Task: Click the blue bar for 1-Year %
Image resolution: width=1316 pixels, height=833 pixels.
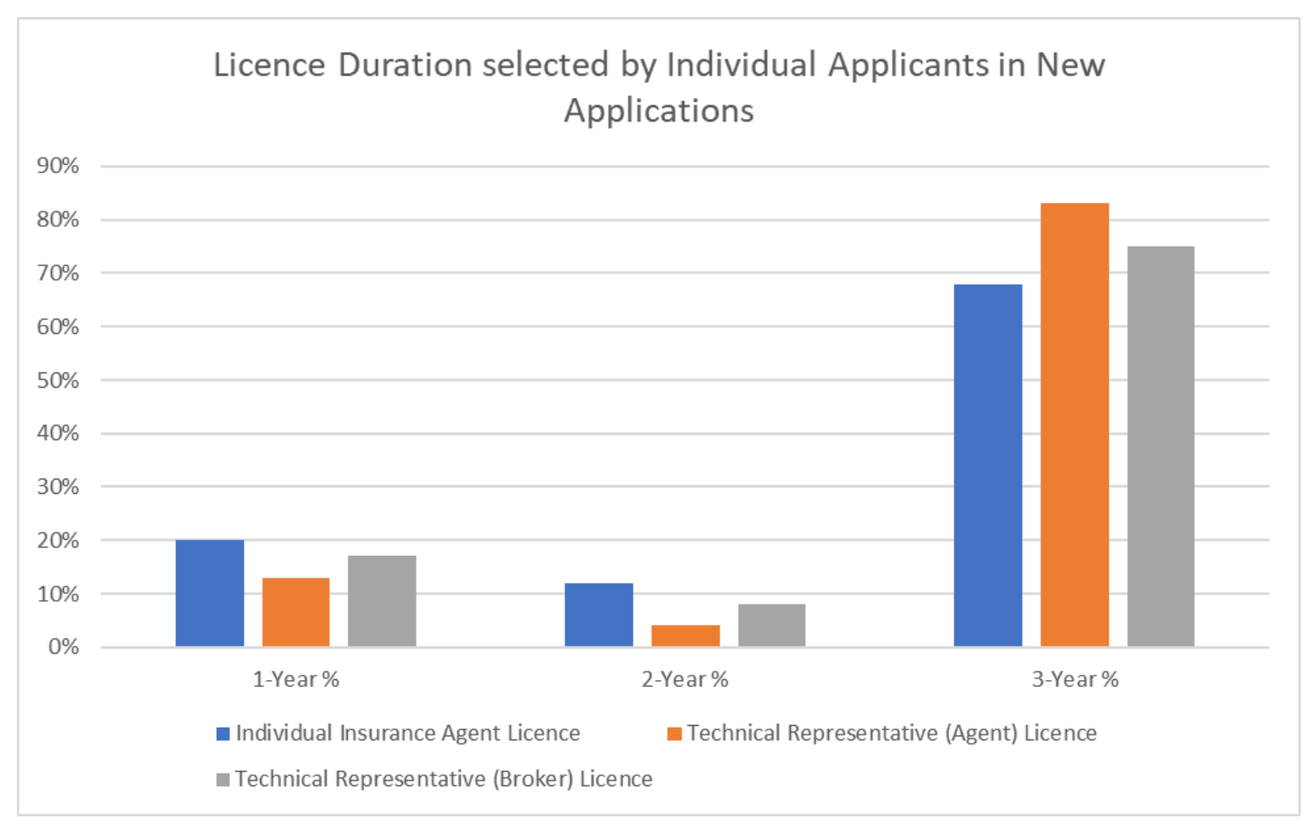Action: [x=210, y=593]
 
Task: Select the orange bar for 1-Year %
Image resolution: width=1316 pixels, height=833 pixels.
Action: [x=296, y=612]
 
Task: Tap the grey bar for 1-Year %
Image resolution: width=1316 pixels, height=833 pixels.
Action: [x=382, y=601]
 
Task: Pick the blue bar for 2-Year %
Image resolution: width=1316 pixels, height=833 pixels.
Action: [x=598, y=615]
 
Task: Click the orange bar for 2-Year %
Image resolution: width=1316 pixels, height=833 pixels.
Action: [x=685, y=636]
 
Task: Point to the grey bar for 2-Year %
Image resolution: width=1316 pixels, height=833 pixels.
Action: [x=771, y=626]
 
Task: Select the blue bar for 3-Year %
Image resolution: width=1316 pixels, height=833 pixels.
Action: [x=988, y=466]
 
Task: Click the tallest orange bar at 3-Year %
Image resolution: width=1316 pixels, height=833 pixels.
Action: [x=1075, y=425]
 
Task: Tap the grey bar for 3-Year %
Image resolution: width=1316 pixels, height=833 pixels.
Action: [x=1160, y=446]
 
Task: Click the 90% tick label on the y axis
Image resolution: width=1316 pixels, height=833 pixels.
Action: [x=58, y=166]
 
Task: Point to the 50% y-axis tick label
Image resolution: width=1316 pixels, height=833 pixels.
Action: [x=58, y=380]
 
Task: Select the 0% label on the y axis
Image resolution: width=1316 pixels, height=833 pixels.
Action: [x=63, y=647]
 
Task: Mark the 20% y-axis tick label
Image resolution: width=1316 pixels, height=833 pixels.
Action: [x=58, y=541]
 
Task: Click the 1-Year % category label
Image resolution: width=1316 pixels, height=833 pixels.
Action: [x=296, y=679]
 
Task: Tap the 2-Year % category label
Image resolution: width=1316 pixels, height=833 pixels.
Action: [x=685, y=679]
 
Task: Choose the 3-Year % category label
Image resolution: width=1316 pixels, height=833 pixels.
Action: [x=1075, y=679]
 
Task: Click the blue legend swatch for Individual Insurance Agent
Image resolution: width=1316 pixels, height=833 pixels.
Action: [x=224, y=734]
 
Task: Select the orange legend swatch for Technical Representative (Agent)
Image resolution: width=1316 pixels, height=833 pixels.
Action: [x=674, y=734]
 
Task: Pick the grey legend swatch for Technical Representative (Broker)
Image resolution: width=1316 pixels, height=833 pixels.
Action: [x=224, y=779]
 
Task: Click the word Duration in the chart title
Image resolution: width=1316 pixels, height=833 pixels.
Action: [x=405, y=65]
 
